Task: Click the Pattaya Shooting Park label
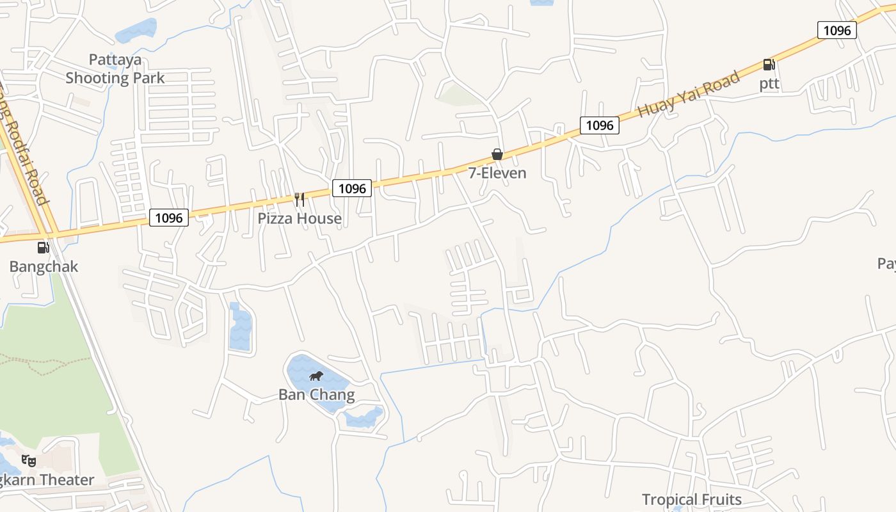tap(115, 69)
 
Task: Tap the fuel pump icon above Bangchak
tap(43, 248)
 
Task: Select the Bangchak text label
tap(44, 266)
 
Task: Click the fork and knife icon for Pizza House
tap(299, 199)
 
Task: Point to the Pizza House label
tap(300, 218)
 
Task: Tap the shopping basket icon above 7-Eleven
tap(497, 154)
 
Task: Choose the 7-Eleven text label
tap(497, 173)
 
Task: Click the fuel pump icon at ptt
tap(769, 65)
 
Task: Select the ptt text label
tap(769, 84)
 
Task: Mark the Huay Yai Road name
tap(689, 94)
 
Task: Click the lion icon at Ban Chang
tap(316, 376)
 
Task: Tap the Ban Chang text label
tap(316, 394)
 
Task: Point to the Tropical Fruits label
tap(691, 499)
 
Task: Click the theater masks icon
tap(29, 460)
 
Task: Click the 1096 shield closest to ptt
tap(836, 30)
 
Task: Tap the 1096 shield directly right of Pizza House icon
tap(352, 188)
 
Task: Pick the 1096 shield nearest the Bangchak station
tap(169, 218)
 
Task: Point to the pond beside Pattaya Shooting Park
tap(136, 30)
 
